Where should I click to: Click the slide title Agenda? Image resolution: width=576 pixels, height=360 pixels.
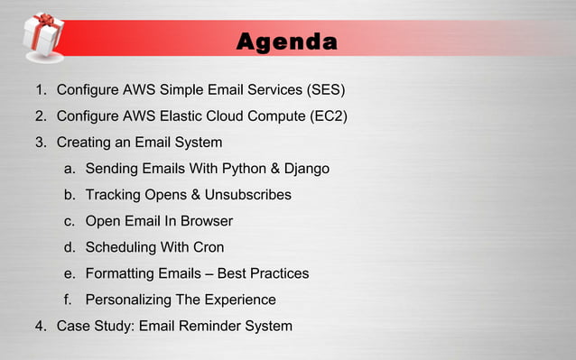287,42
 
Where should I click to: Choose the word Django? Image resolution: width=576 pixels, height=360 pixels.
307,169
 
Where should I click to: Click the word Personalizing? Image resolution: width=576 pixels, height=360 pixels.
129,300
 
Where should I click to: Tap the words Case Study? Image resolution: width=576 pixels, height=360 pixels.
93,326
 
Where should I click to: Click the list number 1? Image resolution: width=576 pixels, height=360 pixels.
39,90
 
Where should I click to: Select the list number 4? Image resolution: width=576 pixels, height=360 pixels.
39,326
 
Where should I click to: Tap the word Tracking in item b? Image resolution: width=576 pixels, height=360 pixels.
113,195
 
